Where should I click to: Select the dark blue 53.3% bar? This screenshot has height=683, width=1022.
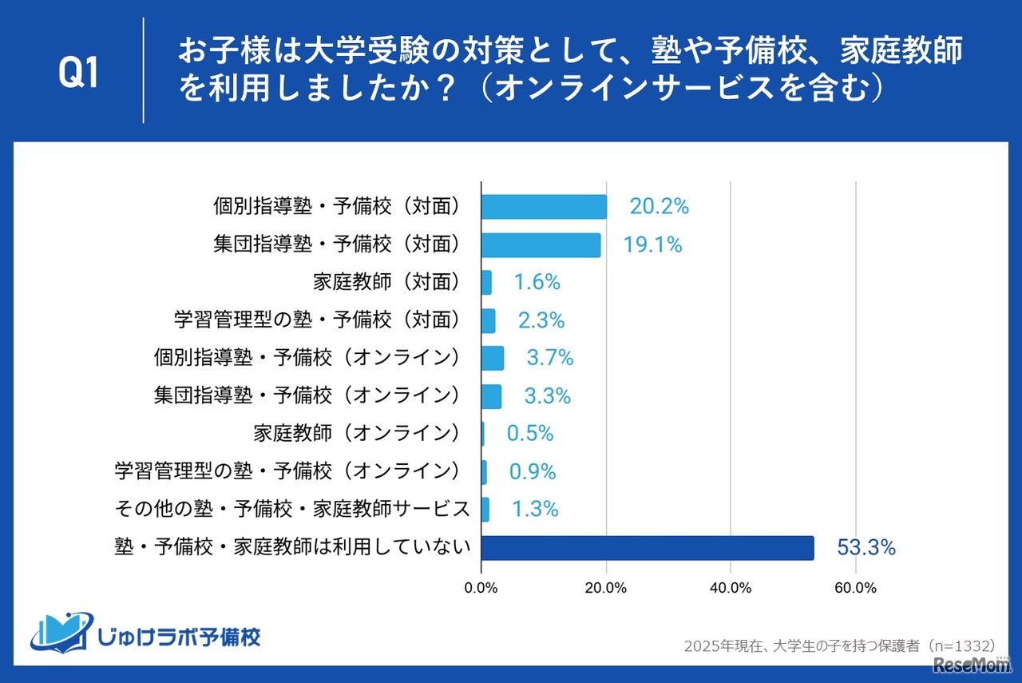(x=648, y=548)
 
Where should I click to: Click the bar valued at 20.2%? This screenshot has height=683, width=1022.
(x=544, y=207)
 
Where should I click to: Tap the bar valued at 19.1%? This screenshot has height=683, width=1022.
(x=541, y=245)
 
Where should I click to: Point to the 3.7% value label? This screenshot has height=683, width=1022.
(x=550, y=358)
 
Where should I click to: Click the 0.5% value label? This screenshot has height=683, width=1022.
(x=530, y=433)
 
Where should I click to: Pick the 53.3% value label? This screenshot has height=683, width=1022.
(x=866, y=548)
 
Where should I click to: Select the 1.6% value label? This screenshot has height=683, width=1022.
(x=537, y=282)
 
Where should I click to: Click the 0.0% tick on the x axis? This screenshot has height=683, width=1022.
(x=481, y=588)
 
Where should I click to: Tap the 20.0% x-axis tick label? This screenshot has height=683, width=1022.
(x=606, y=588)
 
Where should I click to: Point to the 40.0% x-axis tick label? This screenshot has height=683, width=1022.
(x=731, y=588)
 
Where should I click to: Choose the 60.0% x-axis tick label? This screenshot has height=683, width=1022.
(x=855, y=588)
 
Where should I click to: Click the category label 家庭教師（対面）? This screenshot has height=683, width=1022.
(x=387, y=282)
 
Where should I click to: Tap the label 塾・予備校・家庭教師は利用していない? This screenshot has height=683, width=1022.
(x=292, y=548)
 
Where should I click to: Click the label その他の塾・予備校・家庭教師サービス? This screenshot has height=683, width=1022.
(x=292, y=509)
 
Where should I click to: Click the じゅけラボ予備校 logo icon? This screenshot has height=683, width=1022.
(x=61, y=633)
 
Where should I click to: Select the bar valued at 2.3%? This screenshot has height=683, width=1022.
(x=489, y=320)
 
